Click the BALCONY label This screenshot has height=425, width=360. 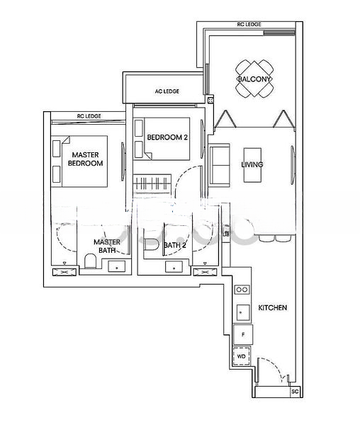click(253, 79)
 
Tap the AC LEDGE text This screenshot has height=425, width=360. click(167, 91)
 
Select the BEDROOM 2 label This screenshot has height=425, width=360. click(167, 137)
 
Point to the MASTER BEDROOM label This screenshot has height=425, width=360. click(85, 158)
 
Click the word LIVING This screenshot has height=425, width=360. click(252, 164)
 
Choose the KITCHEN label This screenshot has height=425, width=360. click(272, 308)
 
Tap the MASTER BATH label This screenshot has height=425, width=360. click(106, 246)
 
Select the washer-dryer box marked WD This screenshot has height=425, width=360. click(242, 356)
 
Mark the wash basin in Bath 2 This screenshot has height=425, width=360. click(171, 267)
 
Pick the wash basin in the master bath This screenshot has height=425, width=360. click(116, 267)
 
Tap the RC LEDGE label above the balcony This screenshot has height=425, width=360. click(249, 24)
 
